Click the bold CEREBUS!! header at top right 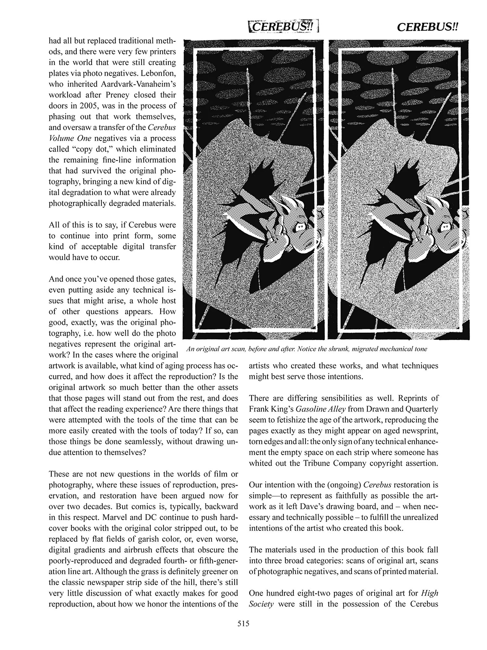tap(427, 27)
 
